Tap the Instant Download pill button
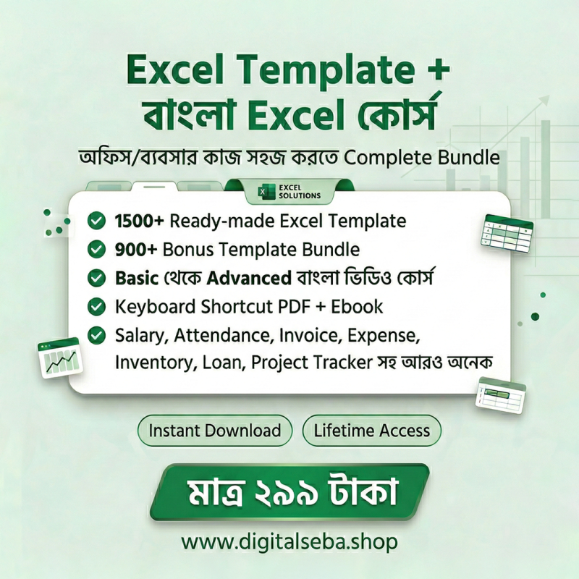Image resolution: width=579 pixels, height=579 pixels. tap(214, 431)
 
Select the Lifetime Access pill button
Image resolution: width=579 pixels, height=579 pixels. tap(372, 431)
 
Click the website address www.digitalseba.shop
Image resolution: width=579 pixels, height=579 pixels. tap(289, 542)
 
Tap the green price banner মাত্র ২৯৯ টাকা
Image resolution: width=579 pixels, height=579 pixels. tap(289, 492)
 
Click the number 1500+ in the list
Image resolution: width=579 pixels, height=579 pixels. tap(139, 221)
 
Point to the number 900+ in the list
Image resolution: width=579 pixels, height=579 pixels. tap(136, 250)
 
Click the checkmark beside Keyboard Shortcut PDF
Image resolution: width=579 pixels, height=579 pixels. tap(96, 306)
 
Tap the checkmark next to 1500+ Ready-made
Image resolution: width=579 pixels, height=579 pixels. tap(96, 221)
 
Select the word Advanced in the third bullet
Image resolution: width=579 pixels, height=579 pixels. tap(249, 278)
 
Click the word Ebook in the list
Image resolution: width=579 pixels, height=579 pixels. tap(357, 306)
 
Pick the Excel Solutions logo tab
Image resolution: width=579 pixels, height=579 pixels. tap(289, 192)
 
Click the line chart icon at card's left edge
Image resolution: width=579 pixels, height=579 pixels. tap(59, 358)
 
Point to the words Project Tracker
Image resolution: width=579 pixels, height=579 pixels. tap(312, 363)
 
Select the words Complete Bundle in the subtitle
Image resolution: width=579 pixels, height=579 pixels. tap(422, 158)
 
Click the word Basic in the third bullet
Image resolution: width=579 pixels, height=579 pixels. tap(137, 278)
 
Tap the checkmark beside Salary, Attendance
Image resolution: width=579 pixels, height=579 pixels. tap(96, 335)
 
